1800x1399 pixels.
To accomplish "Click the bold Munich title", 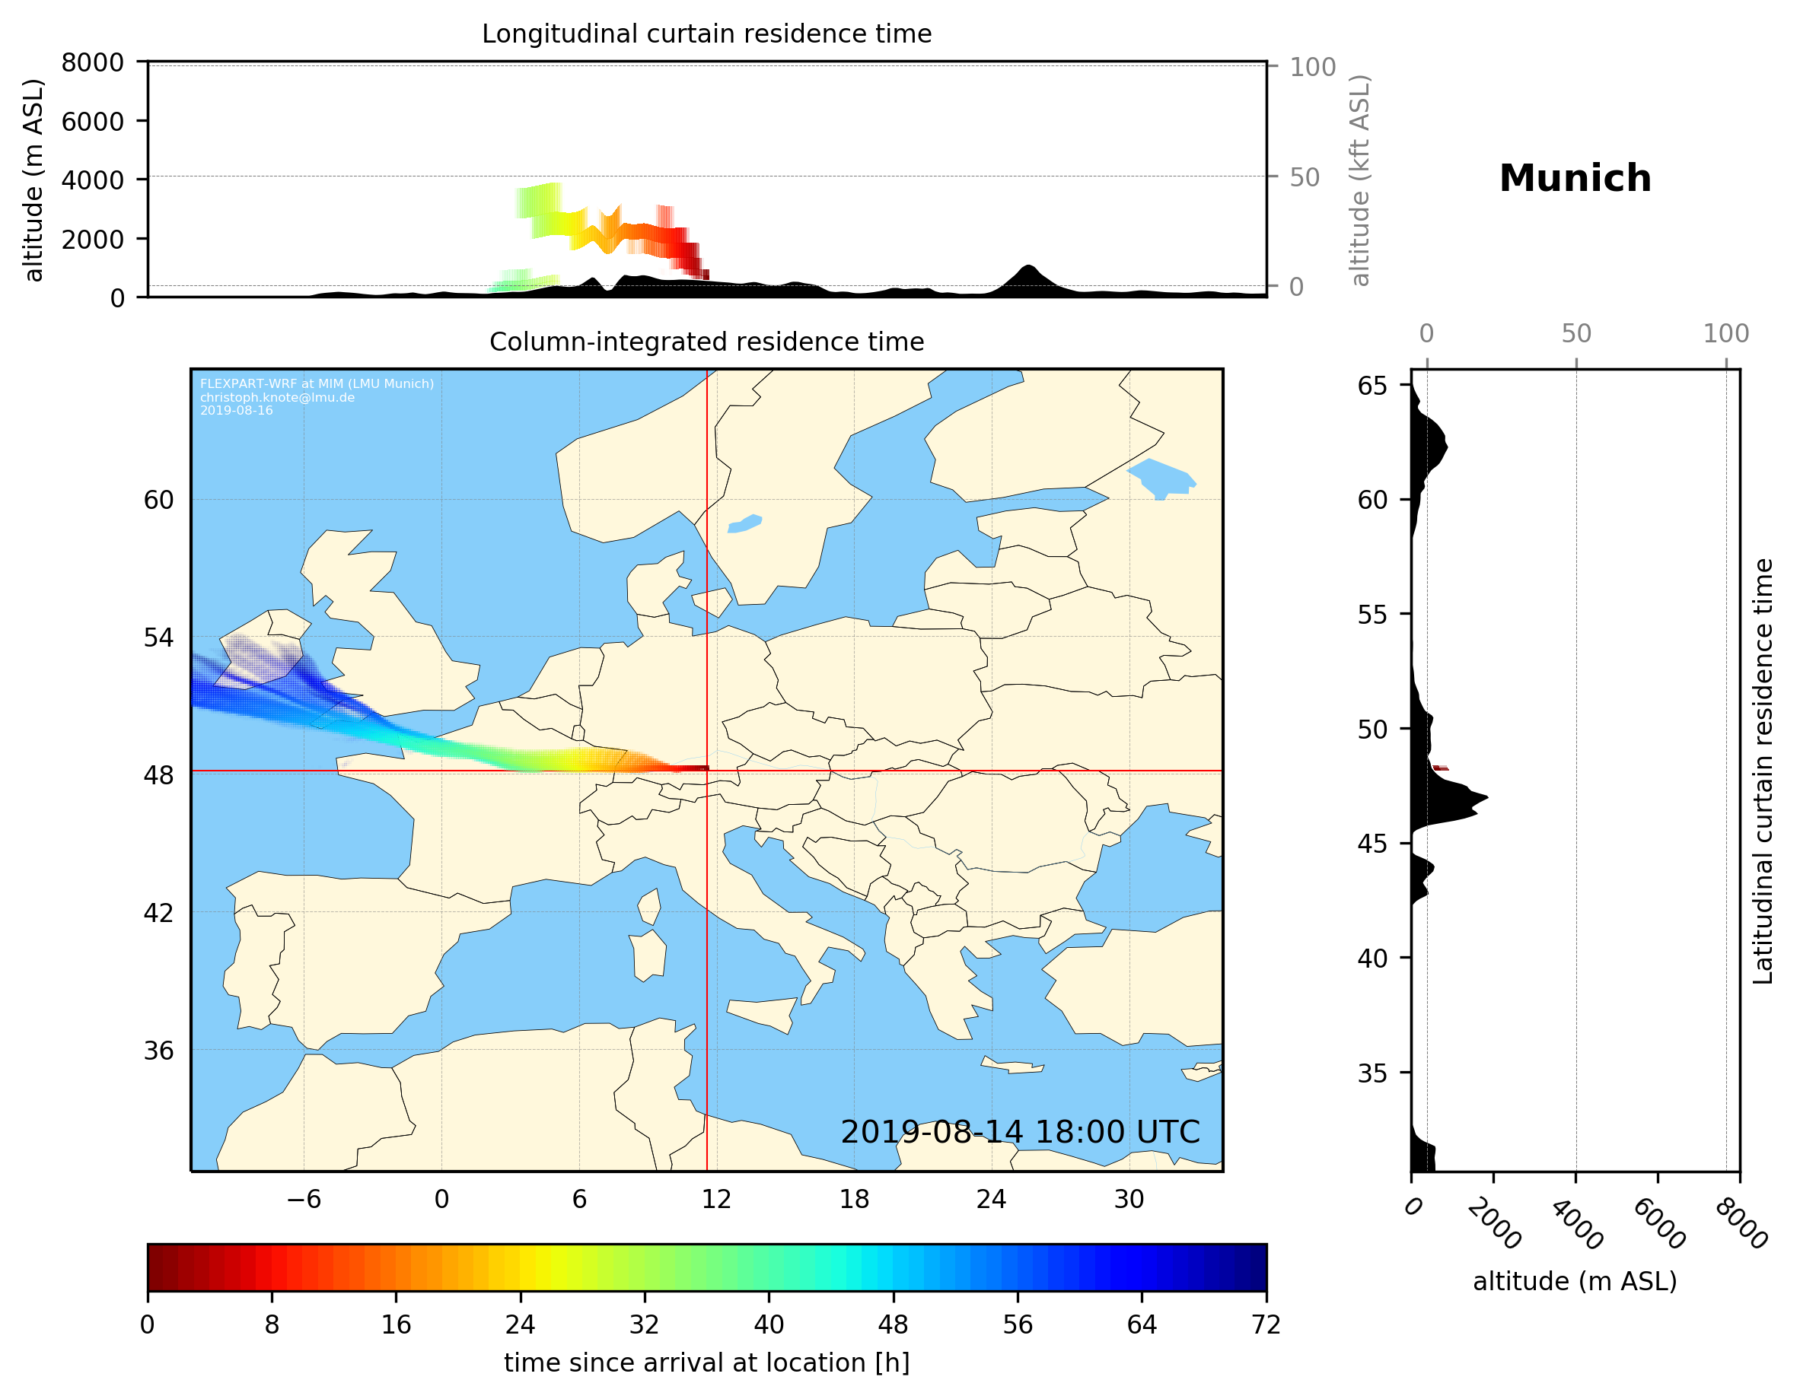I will (1574, 179).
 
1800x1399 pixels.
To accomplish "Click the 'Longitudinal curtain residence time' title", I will (706, 33).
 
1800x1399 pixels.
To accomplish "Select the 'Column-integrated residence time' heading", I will (706, 342).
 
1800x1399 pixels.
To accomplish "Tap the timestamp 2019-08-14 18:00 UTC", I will (1020, 1132).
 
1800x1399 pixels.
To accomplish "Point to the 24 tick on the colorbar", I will (520, 1324).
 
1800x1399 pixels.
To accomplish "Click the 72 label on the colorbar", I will (1265, 1324).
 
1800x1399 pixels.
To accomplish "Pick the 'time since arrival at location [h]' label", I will (706, 1362).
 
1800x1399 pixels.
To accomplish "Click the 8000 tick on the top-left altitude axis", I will (92, 62).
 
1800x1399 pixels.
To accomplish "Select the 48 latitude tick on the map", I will (158, 775).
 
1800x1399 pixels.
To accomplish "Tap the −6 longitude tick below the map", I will (303, 1199).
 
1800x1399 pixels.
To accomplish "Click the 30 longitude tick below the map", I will (1128, 1199).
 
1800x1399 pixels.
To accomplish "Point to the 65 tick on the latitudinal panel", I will (1372, 386).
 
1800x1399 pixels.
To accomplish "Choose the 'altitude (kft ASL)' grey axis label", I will (1360, 180).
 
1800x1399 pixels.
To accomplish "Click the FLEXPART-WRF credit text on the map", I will (317, 384).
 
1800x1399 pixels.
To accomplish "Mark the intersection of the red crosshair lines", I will (707, 771).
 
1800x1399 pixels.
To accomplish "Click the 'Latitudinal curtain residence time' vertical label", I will (1762, 771).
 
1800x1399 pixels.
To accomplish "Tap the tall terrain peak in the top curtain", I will (1027, 269).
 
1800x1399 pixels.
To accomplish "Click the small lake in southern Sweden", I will (745, 523).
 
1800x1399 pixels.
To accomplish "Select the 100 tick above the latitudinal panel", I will (1726, 334).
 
